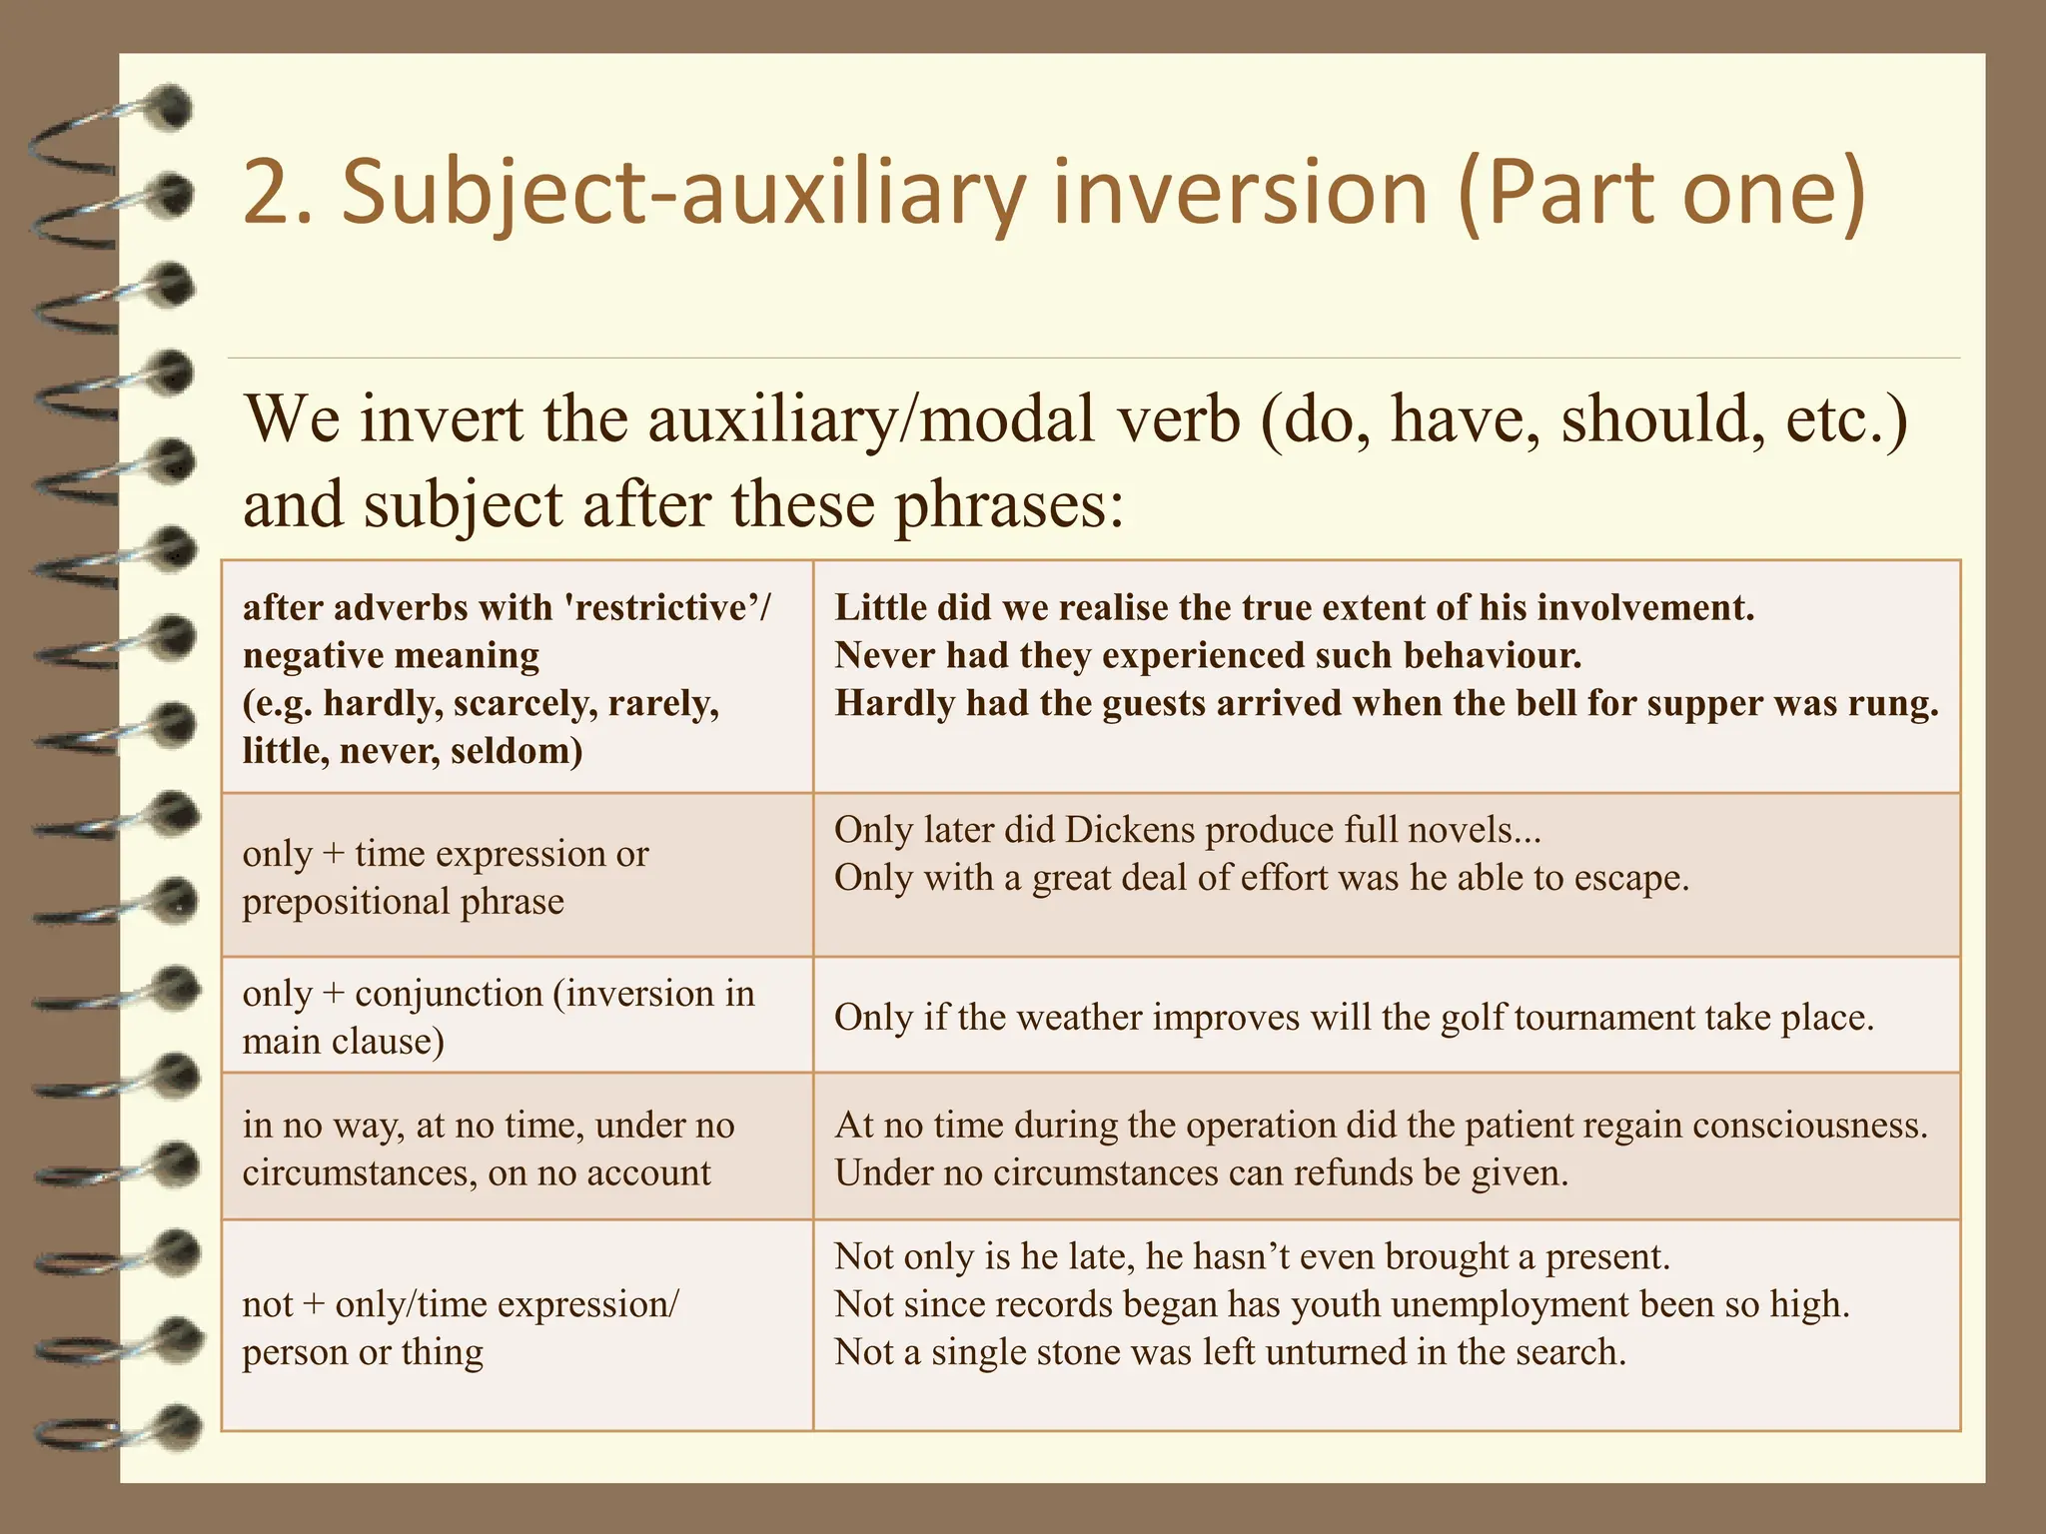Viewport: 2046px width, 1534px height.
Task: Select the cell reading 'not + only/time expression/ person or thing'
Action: click(x=517, y=1325)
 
